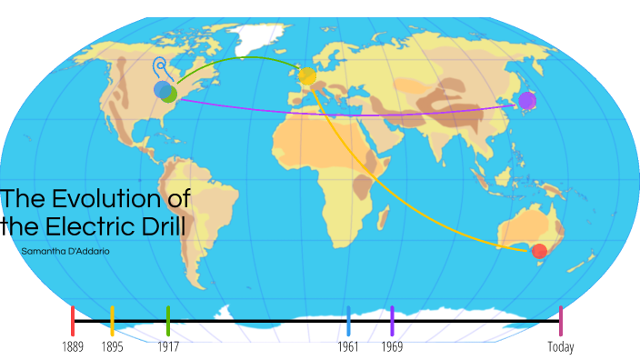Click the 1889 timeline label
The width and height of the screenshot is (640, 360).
pos(73,346)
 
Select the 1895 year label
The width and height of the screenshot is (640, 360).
pos(112,346)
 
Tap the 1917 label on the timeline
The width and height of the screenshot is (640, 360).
pos(168,346)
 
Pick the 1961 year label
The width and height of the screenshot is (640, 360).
pos(348,346)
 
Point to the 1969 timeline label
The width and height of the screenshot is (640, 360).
pos(392,346)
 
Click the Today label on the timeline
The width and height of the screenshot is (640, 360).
pos(561,346)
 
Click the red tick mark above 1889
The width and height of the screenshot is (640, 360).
pos(73,320)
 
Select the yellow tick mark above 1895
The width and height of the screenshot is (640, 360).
pos(112,320)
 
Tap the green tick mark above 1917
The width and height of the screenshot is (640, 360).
pos(168,320)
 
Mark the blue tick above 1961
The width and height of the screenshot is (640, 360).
pos(348,320)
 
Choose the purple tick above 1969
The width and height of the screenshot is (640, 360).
pos(392,320)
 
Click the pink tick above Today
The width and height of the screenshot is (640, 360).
pos(561,320)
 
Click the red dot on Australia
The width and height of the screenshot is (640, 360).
pos(539,251)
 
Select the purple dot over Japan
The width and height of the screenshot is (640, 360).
pos(527,100)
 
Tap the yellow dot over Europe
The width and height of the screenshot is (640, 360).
pos(307,77)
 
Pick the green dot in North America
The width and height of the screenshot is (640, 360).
pos(170,94)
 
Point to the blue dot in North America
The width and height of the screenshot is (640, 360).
pos(162,89)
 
